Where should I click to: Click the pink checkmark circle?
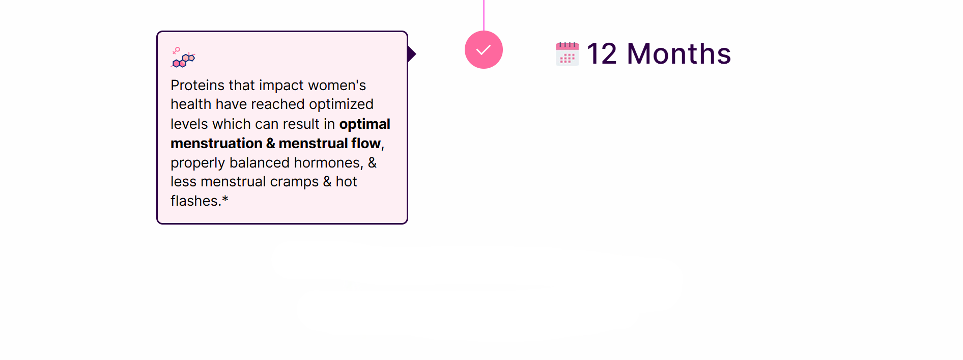[484, 49]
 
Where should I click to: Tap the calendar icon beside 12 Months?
[567, 53]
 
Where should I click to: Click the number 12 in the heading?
[602, 53]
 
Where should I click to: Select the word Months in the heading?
[679, 53]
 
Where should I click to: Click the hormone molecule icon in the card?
[183, 58]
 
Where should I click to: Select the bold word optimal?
[365, 124]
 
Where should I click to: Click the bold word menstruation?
[216, 144]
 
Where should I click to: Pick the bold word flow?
[366, 144]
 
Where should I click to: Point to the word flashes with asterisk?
[200, 201]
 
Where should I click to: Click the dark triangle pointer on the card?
[412, 54]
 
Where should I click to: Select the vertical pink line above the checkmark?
[484, 15]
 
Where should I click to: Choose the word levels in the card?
[189, 124]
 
